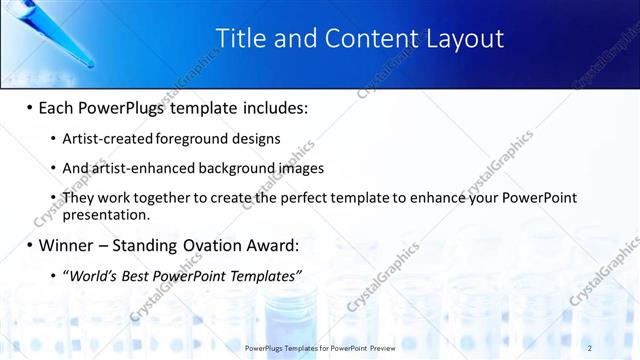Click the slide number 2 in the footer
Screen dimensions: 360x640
pos(590,347)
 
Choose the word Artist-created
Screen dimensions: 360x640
pos(102,138)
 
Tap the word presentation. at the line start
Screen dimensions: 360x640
pos(105,214)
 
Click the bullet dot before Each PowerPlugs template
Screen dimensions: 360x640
pos(29,107)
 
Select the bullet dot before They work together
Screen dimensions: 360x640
pos(53,198)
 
